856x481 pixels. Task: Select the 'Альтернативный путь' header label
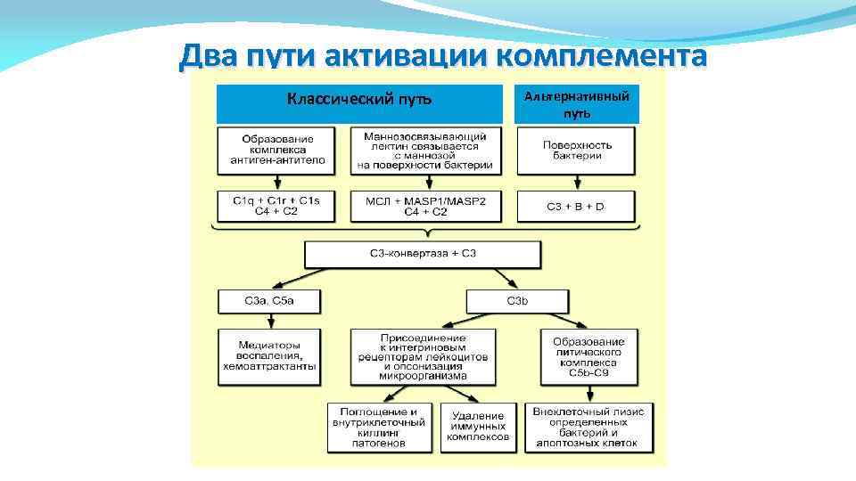pos(577,104)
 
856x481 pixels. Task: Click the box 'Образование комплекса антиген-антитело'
pos(276,151)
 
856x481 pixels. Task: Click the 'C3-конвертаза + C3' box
pos(423,255)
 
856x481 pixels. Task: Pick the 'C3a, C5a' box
pos(268,302)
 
